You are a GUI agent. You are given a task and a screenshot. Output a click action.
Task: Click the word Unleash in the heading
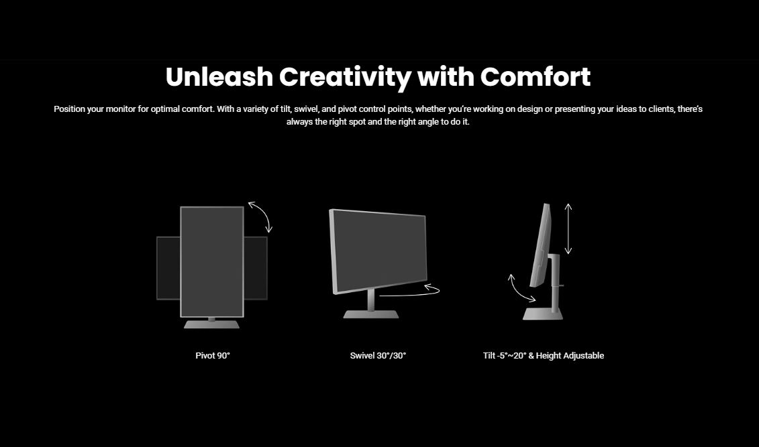click(x=219, y=77)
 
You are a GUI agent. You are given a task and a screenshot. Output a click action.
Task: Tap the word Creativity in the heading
click(x=345, y=78)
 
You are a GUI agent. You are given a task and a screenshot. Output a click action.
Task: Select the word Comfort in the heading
click(x=536, y=77)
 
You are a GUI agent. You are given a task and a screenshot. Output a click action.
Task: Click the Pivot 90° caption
click(x=213, y=356)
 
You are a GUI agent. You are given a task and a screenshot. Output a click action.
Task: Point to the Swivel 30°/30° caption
click(x=378, y=356)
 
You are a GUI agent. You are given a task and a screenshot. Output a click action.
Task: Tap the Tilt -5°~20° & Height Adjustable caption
click(x=544, y=356)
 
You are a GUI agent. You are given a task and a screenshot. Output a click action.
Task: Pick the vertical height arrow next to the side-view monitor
click(x=568, y=229)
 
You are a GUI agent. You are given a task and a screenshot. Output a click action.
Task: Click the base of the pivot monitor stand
click(x=211, y=324)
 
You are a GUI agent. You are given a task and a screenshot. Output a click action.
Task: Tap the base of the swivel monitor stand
click(x=371, y=314)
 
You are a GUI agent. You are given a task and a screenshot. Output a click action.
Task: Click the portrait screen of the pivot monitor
click(x=212, y=262)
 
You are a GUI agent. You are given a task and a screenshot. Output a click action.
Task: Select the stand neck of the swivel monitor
click(x=371, y=300)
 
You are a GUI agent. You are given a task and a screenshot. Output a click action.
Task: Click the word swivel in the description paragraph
click(x=306, y=109)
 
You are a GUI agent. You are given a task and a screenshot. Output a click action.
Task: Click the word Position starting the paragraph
click(x=69, y=109)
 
